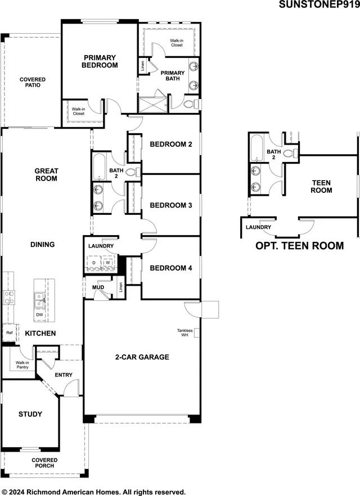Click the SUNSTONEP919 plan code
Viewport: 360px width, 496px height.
pos(319,6)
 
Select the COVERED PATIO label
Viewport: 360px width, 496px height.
pos(33,83)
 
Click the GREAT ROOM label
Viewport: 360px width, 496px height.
pos(46,175)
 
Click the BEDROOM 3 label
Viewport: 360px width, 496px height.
pos(171,206)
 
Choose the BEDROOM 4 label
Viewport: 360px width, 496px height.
pos(171,268)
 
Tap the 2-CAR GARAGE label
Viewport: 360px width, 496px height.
pos(142,357)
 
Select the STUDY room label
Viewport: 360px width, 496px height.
pos(30,414)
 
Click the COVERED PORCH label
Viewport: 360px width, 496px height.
pos(44,463)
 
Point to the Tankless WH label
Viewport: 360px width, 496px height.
pos(185,333)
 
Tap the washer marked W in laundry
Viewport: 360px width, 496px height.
pos(108,262)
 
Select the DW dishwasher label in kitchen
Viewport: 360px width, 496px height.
pos(39,315)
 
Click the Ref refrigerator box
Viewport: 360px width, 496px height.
pos(10,333)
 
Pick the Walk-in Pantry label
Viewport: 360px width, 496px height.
pos(22,365)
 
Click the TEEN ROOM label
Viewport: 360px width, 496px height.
pos(321,187)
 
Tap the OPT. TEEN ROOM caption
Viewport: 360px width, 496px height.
pos(299,246)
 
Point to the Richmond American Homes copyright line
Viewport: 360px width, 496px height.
pos(93,491)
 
